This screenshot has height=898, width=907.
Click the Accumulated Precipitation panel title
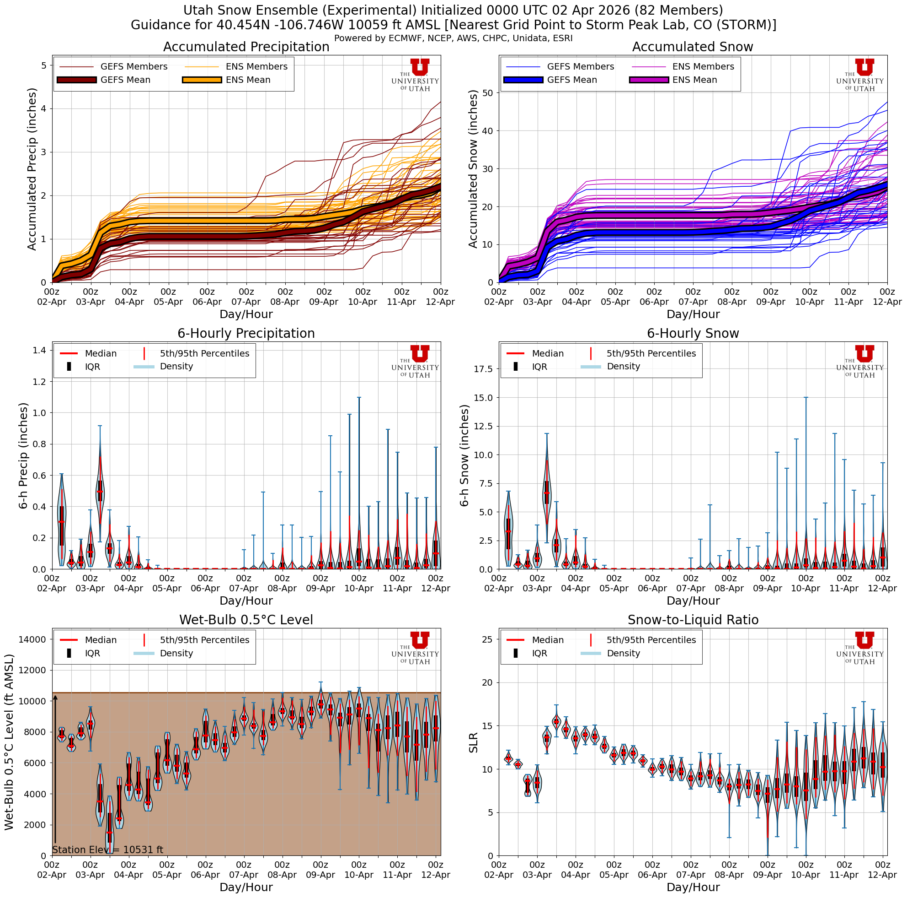pos(246,47)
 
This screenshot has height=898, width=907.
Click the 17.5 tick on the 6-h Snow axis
pos(483,369)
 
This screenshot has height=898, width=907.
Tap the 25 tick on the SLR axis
pos(487,639)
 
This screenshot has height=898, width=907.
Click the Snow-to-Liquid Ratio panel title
pos(693,620)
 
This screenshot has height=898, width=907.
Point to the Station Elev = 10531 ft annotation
pos(108,849)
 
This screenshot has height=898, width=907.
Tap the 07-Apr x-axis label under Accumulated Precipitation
pos(246,302)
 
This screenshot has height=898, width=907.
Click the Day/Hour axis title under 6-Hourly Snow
pos(693,600)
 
